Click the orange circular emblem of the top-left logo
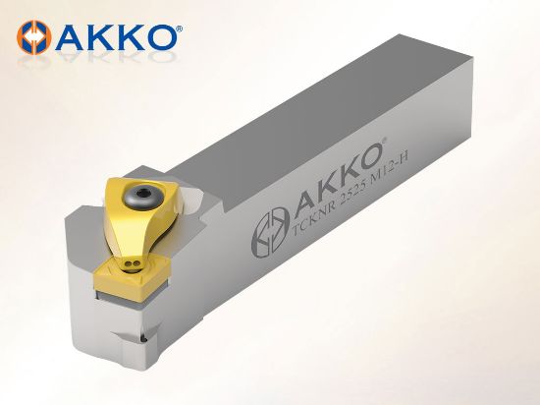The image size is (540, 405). (x=34, y=37)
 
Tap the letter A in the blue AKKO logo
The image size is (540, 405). (x=70, y=37)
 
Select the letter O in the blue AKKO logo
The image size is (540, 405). (x=159, y=37)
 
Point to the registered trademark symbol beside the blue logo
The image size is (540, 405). (x=180, y=29)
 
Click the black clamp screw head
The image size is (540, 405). (x=143, y=195)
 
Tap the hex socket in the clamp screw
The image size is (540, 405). (x=142, y=194)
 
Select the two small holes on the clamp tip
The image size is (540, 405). (x=133, y=264)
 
